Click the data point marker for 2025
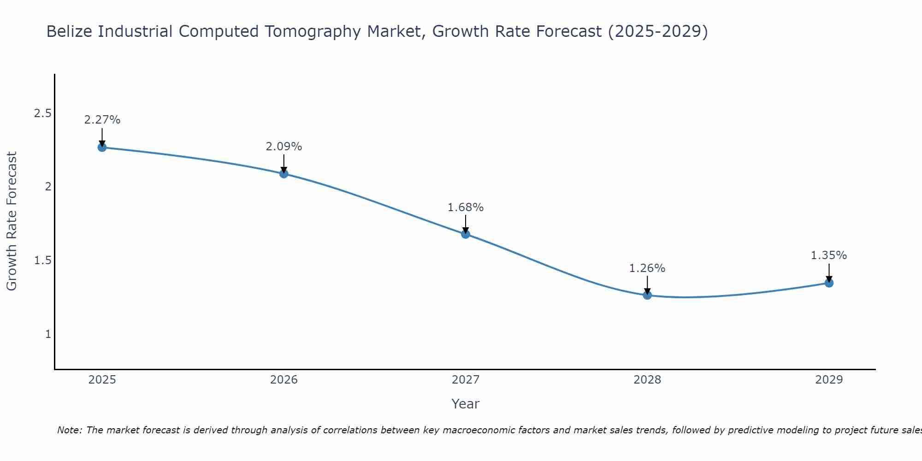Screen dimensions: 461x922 pos(102,148)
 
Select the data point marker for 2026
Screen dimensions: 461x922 pos(284,174)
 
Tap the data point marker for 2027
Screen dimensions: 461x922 pos(466,234)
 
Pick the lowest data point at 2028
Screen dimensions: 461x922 pos(647,296)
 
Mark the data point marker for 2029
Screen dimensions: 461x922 pos(829,283)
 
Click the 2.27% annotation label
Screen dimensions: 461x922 pos(102,120)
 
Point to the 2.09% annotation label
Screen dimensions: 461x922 pos(284,147)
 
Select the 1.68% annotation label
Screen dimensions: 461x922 pos(466,207)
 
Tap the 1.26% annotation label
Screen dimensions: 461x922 pos(647,268)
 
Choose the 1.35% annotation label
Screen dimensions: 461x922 pos(829,255)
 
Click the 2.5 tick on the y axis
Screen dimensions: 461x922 pos(42,113)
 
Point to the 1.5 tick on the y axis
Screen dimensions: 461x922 pos(42,260)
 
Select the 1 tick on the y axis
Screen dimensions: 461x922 pos(48,334)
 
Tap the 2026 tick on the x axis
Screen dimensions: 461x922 pos(284,380)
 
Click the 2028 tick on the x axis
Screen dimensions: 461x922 pos(647,380)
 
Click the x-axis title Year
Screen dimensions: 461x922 pos(466,404)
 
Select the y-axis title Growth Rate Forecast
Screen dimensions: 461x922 pos(12,221)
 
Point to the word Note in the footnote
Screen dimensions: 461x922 pos(69,430)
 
